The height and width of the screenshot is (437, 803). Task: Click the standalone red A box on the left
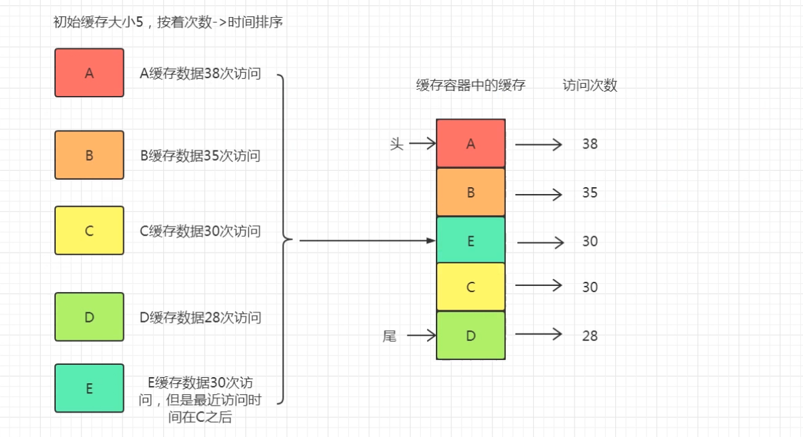click(89, 73)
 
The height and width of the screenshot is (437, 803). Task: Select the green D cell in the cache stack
click(471, 335)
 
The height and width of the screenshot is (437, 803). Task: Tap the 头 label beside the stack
click(396, 144)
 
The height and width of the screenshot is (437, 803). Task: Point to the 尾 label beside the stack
click(390, 336)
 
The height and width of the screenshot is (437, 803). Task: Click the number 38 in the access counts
click(590, 144)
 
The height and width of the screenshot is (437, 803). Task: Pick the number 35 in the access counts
click(590, 193)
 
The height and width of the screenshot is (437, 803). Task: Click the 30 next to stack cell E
click(590, 242)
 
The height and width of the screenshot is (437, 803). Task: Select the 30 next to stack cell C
click(590, 287)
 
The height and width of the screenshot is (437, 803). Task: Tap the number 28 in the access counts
click(590, 336)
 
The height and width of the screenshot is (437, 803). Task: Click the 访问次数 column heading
click(590, 86)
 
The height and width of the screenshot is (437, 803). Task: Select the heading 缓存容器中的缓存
click(471, 86)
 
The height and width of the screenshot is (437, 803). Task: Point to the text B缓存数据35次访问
click(200, 156)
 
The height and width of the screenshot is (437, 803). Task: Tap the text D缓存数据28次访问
click(200, 317)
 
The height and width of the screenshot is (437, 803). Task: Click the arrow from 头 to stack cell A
click(422, 144)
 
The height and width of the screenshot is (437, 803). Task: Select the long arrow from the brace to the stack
click(367, 240)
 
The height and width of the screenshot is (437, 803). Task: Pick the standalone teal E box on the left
click(89, 388)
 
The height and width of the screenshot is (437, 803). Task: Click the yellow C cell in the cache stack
click(471, 287)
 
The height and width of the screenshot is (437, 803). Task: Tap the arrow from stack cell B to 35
click(539, 194)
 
